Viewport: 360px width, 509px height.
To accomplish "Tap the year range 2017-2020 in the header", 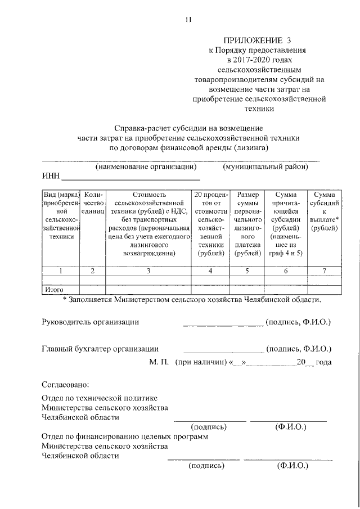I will click(260, 60).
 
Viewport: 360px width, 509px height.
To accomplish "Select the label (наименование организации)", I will click(146, 167).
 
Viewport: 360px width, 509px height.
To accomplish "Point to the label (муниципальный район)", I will click(265, 167).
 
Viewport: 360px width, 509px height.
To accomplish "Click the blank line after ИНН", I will click(130, 179).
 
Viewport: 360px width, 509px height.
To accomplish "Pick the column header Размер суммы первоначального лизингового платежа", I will click(248, 224).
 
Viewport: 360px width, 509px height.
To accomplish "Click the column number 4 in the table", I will click(210, 271).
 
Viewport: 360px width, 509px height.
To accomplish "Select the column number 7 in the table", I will click(325, 271).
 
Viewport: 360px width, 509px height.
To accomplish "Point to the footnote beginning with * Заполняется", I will click(192, 299).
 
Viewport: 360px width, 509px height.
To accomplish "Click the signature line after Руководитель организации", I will click(223, 324).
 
